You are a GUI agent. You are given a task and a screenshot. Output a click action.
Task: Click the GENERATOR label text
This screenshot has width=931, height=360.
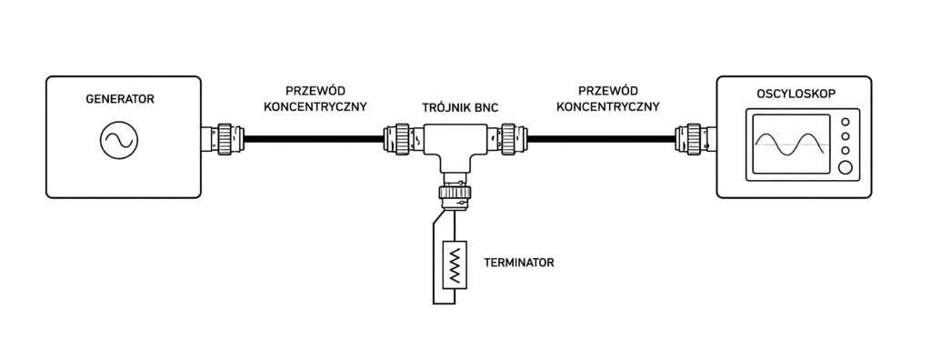pyautogui.click(x=120, y=99)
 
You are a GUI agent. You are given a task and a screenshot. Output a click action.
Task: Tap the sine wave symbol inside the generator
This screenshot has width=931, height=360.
pyautogui.click(x=119, y=140)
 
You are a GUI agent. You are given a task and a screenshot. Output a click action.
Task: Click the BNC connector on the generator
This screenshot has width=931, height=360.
pyautogui.click(x=222, y=139)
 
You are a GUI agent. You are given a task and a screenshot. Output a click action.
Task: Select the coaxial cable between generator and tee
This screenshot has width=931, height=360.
pyautogui.click(x=314, y=139)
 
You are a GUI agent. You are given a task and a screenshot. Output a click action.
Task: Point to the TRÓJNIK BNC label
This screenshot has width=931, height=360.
pyautogui.click(x=460, y=108)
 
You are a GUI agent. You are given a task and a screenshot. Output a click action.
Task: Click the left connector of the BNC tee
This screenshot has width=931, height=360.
pyautogui.click(x=404, y=139)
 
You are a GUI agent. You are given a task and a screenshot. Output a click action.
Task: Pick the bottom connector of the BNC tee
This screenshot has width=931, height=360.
pyautogui.click(x=455, y=191)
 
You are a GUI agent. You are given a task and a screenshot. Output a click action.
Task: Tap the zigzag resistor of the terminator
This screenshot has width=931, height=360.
pyautogui.click(x=455, y=265)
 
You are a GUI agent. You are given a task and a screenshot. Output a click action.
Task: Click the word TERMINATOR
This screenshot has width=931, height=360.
pyautogui.click(x=519, y=263)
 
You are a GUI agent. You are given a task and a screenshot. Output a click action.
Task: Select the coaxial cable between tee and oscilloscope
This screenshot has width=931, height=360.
pyautogui.click(x=602, y=139)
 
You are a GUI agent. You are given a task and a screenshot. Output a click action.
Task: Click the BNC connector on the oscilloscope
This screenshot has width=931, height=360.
pyautogui.click(x=696, y=139)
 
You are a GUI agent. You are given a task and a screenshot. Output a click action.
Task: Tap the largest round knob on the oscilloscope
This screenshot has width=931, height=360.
pyautogui.click(x=845, y=168)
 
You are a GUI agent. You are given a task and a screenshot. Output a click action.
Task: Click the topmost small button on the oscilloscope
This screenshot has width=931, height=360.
pyautogui.click(x=845, y=122)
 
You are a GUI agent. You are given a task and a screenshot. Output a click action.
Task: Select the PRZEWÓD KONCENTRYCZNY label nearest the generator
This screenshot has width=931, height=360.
pyautogui.click(x=315, y=99)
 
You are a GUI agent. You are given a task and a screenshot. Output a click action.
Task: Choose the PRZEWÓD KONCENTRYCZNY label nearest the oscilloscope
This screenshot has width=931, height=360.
pyautogui.click(x=608, y=99)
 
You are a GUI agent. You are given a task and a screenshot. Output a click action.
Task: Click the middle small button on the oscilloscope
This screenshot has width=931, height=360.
pyautogui.click(x=845, y=136)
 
